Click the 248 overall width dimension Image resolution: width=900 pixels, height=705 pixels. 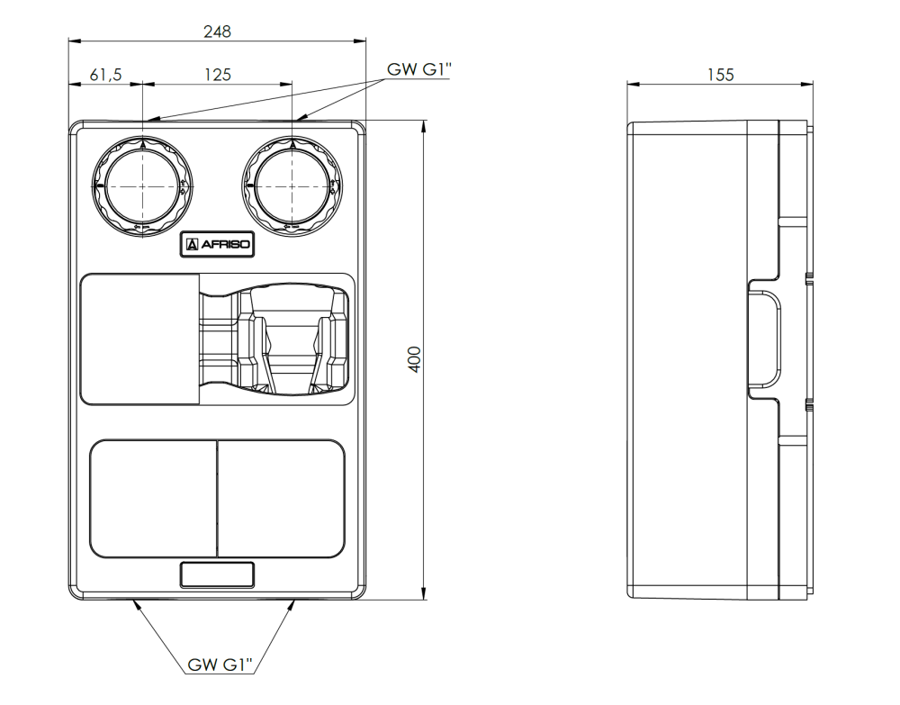217,32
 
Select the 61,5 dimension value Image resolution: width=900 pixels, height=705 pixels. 105,75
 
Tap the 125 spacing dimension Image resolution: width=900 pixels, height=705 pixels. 217,75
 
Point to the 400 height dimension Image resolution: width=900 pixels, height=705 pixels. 414,360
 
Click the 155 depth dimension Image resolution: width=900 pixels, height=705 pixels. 720,75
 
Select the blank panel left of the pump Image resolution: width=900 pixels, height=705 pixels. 139,339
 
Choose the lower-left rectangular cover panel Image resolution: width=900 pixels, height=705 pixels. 154,497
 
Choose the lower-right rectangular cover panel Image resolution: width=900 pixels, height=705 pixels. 281,497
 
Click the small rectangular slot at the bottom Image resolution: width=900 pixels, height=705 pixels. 217,574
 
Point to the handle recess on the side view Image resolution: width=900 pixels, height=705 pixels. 765,340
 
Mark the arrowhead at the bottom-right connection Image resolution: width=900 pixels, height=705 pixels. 291,604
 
